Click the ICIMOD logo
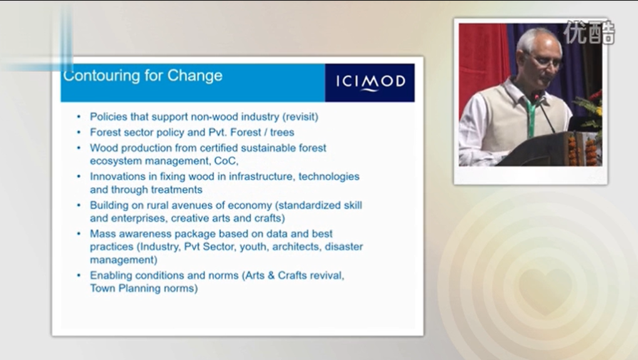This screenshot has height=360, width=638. point(370,83)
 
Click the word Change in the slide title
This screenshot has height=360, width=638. point(195,76)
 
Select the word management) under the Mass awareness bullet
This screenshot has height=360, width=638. point(124,260)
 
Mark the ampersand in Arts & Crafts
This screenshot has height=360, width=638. point(271,275)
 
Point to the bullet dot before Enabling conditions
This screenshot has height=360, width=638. point(78,275)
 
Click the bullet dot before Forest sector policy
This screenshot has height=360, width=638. point(78,132)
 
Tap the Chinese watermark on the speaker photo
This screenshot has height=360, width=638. point(589,32)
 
